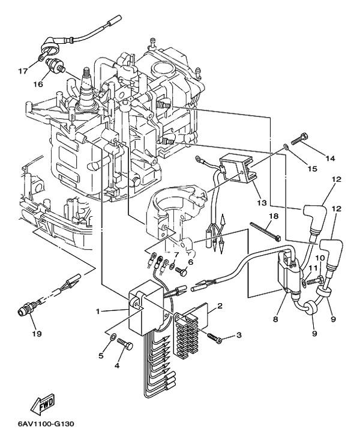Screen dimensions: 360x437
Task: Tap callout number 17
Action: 23,71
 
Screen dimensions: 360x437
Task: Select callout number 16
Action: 38,84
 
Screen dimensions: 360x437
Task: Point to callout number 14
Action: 330,158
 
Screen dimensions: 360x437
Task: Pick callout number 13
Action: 262,203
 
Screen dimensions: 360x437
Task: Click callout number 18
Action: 274,216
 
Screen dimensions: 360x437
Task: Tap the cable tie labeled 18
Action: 265,231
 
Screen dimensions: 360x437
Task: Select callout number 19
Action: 37,333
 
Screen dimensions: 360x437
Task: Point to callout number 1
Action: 98,312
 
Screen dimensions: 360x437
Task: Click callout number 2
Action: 220,306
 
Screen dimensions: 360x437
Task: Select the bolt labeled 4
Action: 125,344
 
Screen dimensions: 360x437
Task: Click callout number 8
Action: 275,319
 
